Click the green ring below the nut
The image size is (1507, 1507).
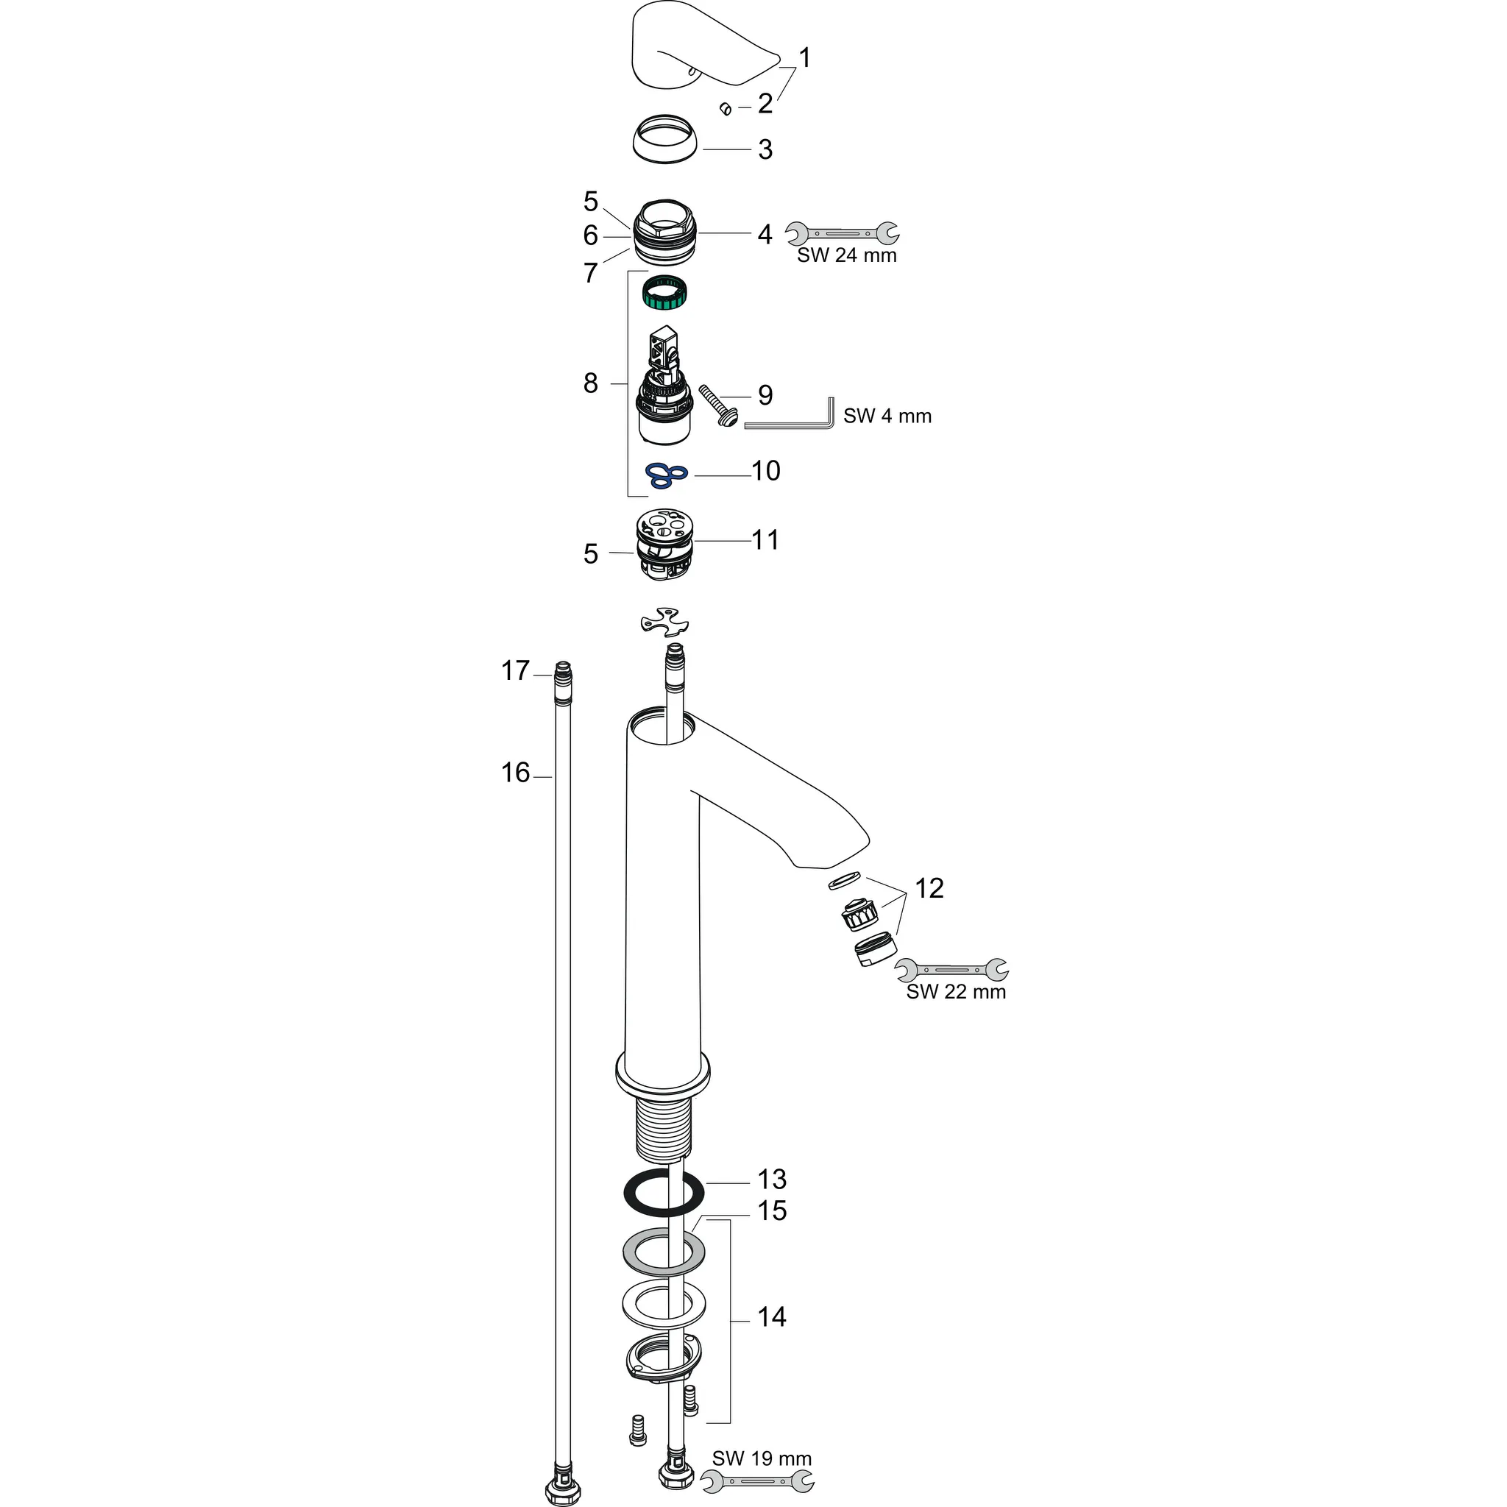(x=668, y=294)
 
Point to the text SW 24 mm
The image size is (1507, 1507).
(x=846, y=256)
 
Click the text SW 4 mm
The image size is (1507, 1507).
(x=887, y=416)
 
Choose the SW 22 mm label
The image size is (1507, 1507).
(x=956, y=992)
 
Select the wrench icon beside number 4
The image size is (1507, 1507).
(x=842, y=233)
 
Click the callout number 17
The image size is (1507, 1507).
(x=515, y=671)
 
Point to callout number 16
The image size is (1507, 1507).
(x=515, y=773)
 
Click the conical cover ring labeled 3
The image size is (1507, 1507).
(x=665, y=140)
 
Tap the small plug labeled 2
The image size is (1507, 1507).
(x=725, y=107)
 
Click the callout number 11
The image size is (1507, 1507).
(x=765, y=540)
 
